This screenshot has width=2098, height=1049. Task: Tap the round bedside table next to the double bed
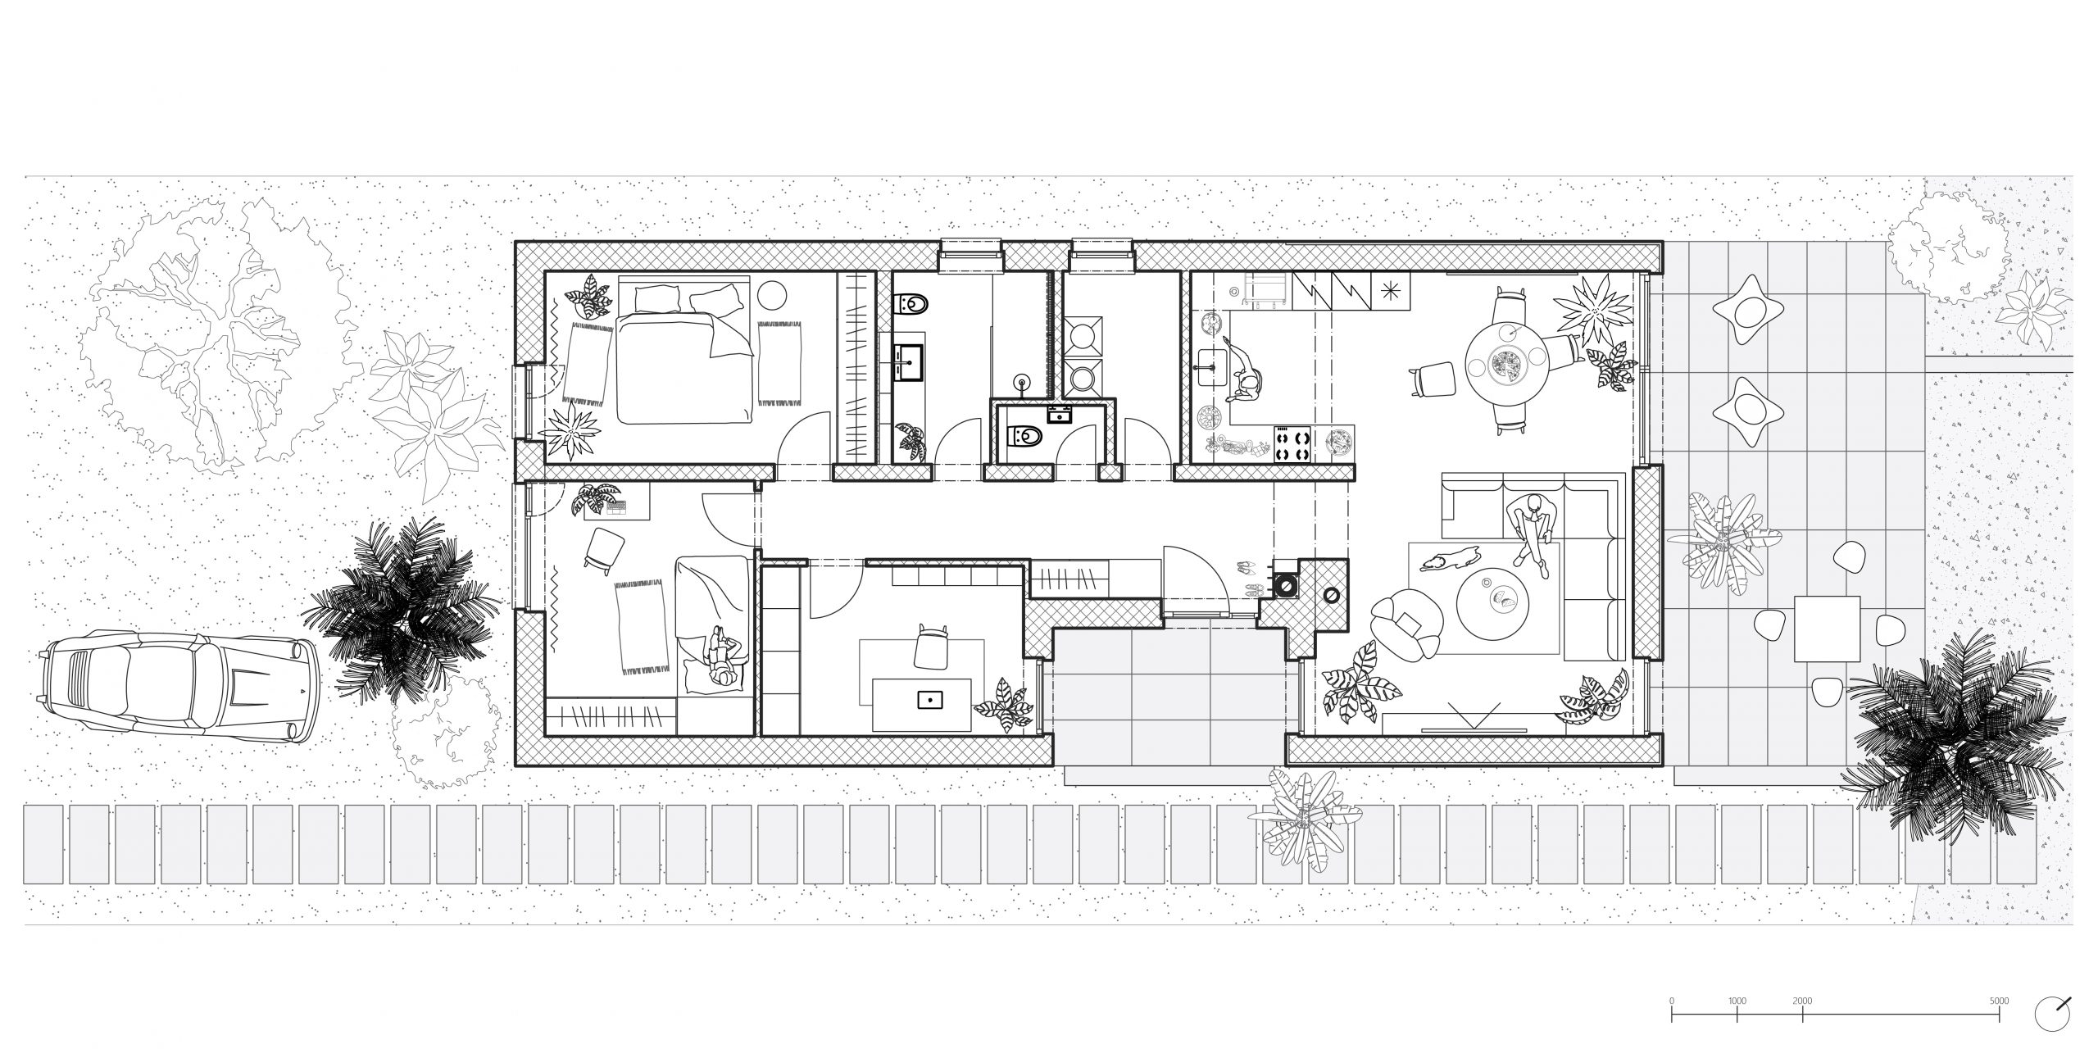point(770,295)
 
